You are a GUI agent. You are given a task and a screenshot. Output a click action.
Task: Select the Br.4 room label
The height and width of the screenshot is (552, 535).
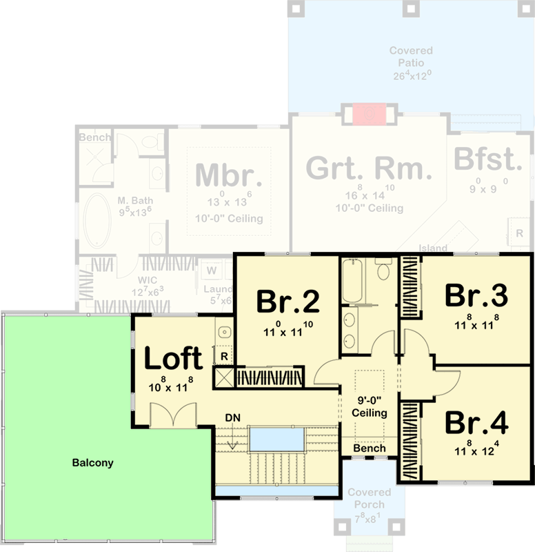click(476, 422)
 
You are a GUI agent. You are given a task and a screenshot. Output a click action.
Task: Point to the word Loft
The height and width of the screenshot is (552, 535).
click(173, 359)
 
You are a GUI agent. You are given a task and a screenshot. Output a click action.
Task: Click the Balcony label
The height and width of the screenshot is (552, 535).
click(92, 463)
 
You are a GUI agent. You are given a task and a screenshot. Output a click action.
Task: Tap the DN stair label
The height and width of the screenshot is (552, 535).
click(232, 418)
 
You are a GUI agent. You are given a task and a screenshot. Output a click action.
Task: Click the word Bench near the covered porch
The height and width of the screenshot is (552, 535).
click(369, 448)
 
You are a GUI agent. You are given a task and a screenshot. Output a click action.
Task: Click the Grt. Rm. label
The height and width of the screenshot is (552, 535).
click(369, 168)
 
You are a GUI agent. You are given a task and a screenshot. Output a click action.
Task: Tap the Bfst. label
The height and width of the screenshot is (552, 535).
click(487, 160)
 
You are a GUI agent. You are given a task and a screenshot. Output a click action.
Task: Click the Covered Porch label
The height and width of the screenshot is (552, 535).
click(369, 498)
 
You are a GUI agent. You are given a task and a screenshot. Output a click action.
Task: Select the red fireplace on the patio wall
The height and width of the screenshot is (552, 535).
click(369, 114)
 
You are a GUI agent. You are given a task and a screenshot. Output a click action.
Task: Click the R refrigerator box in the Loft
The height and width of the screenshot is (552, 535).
click(225, 356)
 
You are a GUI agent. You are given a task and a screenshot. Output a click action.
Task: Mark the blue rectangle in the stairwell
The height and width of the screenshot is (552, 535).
click(276, 437)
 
